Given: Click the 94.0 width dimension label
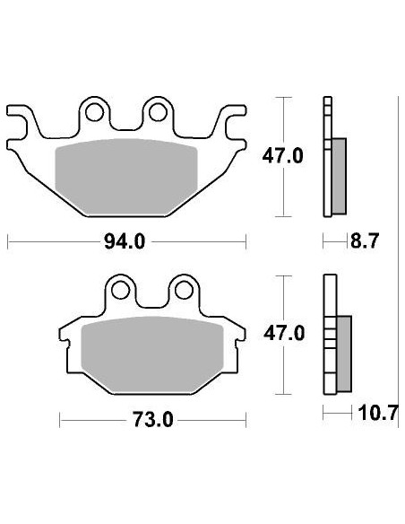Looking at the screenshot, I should [x=125, y=241].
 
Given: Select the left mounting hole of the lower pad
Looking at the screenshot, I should [x=119, y=289].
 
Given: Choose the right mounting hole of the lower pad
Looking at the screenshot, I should [x=184, y=289].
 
